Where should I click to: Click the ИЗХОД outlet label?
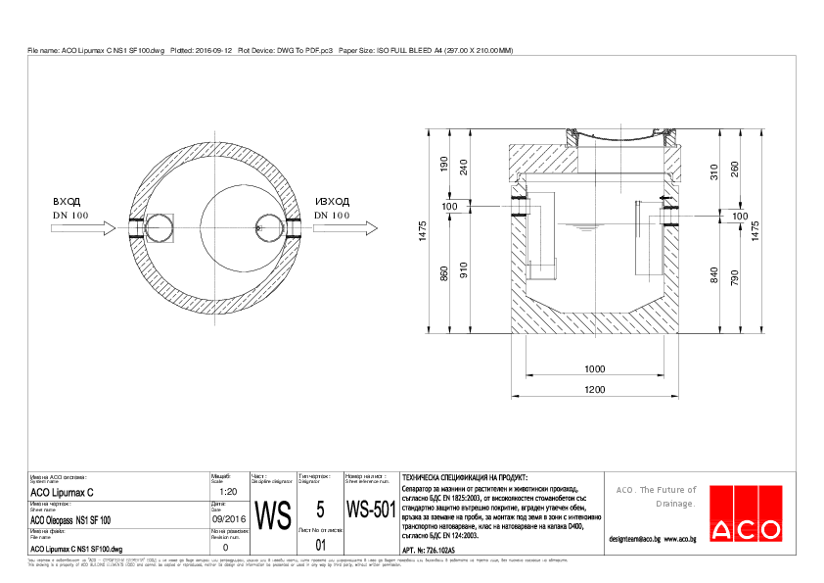coord(332,201)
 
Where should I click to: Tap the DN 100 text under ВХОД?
coord(70,215)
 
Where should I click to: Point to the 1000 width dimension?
coord(594,369)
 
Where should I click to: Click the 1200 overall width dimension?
coord(594,391)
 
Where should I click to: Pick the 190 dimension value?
coord(443,165)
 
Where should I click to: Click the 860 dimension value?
coord(443,274)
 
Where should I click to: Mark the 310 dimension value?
coord(714,171)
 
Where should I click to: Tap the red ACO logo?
coord(746,529)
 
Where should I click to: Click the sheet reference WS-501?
coord(370,510)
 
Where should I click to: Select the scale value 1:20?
coord(226,492)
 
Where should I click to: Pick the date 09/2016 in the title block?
coord(227,519)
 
